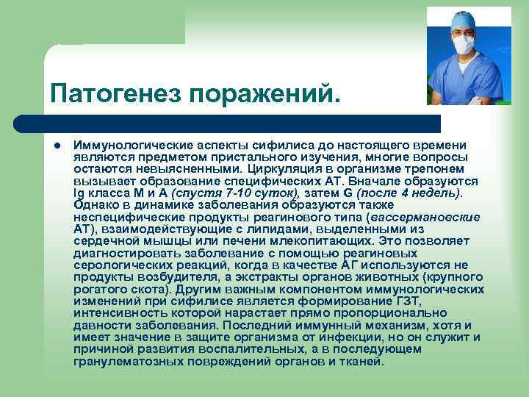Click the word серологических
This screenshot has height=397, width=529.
117,265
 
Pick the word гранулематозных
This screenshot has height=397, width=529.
124,361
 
